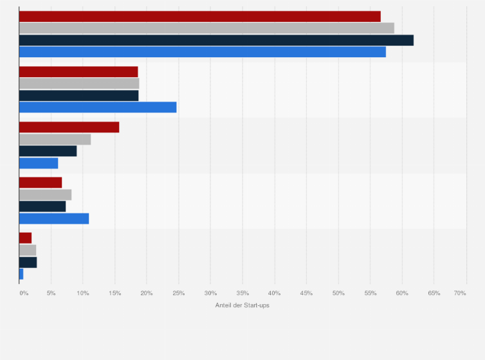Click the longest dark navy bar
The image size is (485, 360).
click(216, 40)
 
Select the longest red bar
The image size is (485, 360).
click(199, 16)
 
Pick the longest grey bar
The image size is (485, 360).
click(206, 28)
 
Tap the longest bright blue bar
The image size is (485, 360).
click(203, 51)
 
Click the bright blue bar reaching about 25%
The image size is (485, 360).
click(98, 107)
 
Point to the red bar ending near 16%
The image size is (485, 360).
click(69, 127)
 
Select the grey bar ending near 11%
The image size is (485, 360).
click(55, 139)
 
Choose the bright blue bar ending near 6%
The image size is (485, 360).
click(39, 163)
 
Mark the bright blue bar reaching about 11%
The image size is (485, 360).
click(54, 219)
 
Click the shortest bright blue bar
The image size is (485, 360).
click(21, 274)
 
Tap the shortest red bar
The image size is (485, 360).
click(25, 238)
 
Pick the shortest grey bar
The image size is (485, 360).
click(28, 249)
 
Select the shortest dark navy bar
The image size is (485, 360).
click(28, 262)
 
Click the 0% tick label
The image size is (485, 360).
click(24, 293)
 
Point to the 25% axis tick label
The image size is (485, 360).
click(179, 293)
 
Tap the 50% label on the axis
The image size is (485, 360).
click(338, 293)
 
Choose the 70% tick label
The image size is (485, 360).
click(460, 293)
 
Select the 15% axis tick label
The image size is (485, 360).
click(114, 293)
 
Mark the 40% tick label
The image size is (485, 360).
click(275, 293)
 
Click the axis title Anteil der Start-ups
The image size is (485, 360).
click(243, 305)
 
